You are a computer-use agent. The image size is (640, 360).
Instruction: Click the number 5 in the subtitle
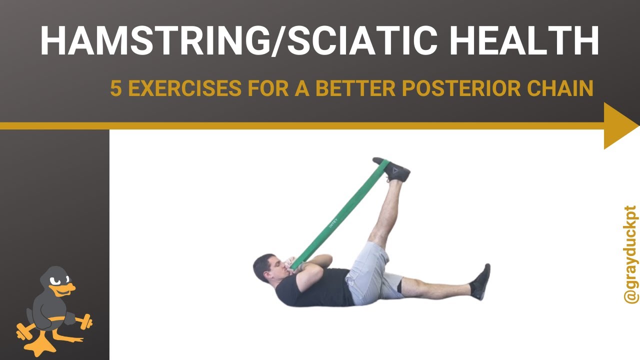coord(115,88)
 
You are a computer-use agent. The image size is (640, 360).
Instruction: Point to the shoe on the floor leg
coord(481,282)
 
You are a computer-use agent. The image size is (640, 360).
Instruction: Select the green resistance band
coord(340,215)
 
